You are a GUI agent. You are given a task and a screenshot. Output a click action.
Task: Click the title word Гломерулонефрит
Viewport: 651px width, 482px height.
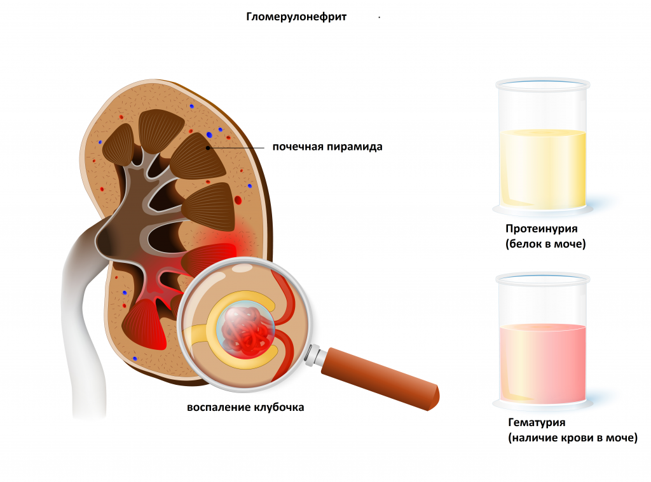point(296,17)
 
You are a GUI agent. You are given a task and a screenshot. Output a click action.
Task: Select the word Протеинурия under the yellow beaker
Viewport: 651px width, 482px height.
point(542,229)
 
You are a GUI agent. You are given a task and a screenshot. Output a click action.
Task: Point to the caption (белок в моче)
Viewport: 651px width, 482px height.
point(545,243)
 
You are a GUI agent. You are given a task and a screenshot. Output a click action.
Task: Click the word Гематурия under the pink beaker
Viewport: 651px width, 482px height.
point(537,422)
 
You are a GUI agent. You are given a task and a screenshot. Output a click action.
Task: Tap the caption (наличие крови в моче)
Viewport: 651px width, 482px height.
point(572,438)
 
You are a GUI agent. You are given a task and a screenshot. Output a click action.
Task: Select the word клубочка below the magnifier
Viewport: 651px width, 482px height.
point(278,407)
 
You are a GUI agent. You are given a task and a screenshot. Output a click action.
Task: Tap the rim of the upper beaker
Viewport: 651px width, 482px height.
point(542,84)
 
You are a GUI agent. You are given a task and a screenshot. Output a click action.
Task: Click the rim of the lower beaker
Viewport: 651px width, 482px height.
point(542,278)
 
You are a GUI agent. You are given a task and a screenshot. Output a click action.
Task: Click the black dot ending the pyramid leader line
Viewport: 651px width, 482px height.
point(208,147)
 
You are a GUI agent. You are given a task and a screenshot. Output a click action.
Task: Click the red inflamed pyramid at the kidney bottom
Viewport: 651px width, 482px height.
point(143,324)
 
